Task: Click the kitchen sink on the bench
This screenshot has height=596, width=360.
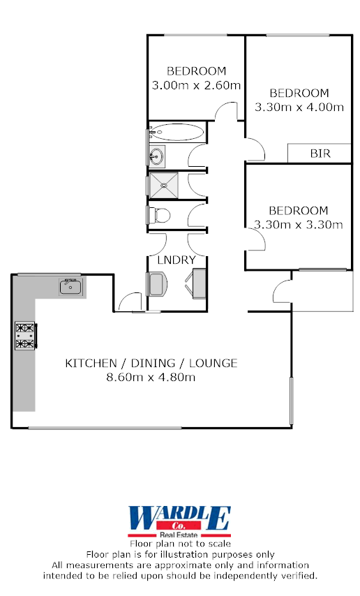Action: tap(71, 286)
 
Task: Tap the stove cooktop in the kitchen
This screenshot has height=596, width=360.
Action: tap(26, 336)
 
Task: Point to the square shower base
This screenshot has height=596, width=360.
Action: tap(165, 185)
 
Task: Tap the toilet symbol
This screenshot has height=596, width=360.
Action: tap(158, 214)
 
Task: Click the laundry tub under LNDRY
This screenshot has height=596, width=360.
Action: tap(158, 284)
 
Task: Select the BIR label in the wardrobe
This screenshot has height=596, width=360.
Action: tap(320, 153)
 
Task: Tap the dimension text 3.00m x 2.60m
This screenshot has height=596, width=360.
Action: tap(196, 86)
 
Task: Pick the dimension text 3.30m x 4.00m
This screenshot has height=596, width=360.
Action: tap(299, 107)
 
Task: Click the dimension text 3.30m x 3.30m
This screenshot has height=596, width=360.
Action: tap(299, 224)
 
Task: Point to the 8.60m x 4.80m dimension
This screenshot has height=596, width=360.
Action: tap(151, 378)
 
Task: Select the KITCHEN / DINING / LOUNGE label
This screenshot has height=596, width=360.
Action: tap(151, 363)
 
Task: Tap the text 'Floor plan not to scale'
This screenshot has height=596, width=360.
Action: tap(180, 543)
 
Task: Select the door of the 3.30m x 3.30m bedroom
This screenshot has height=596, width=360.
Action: tap(256, 241)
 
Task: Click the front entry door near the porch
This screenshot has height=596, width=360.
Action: tap(282, 290)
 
